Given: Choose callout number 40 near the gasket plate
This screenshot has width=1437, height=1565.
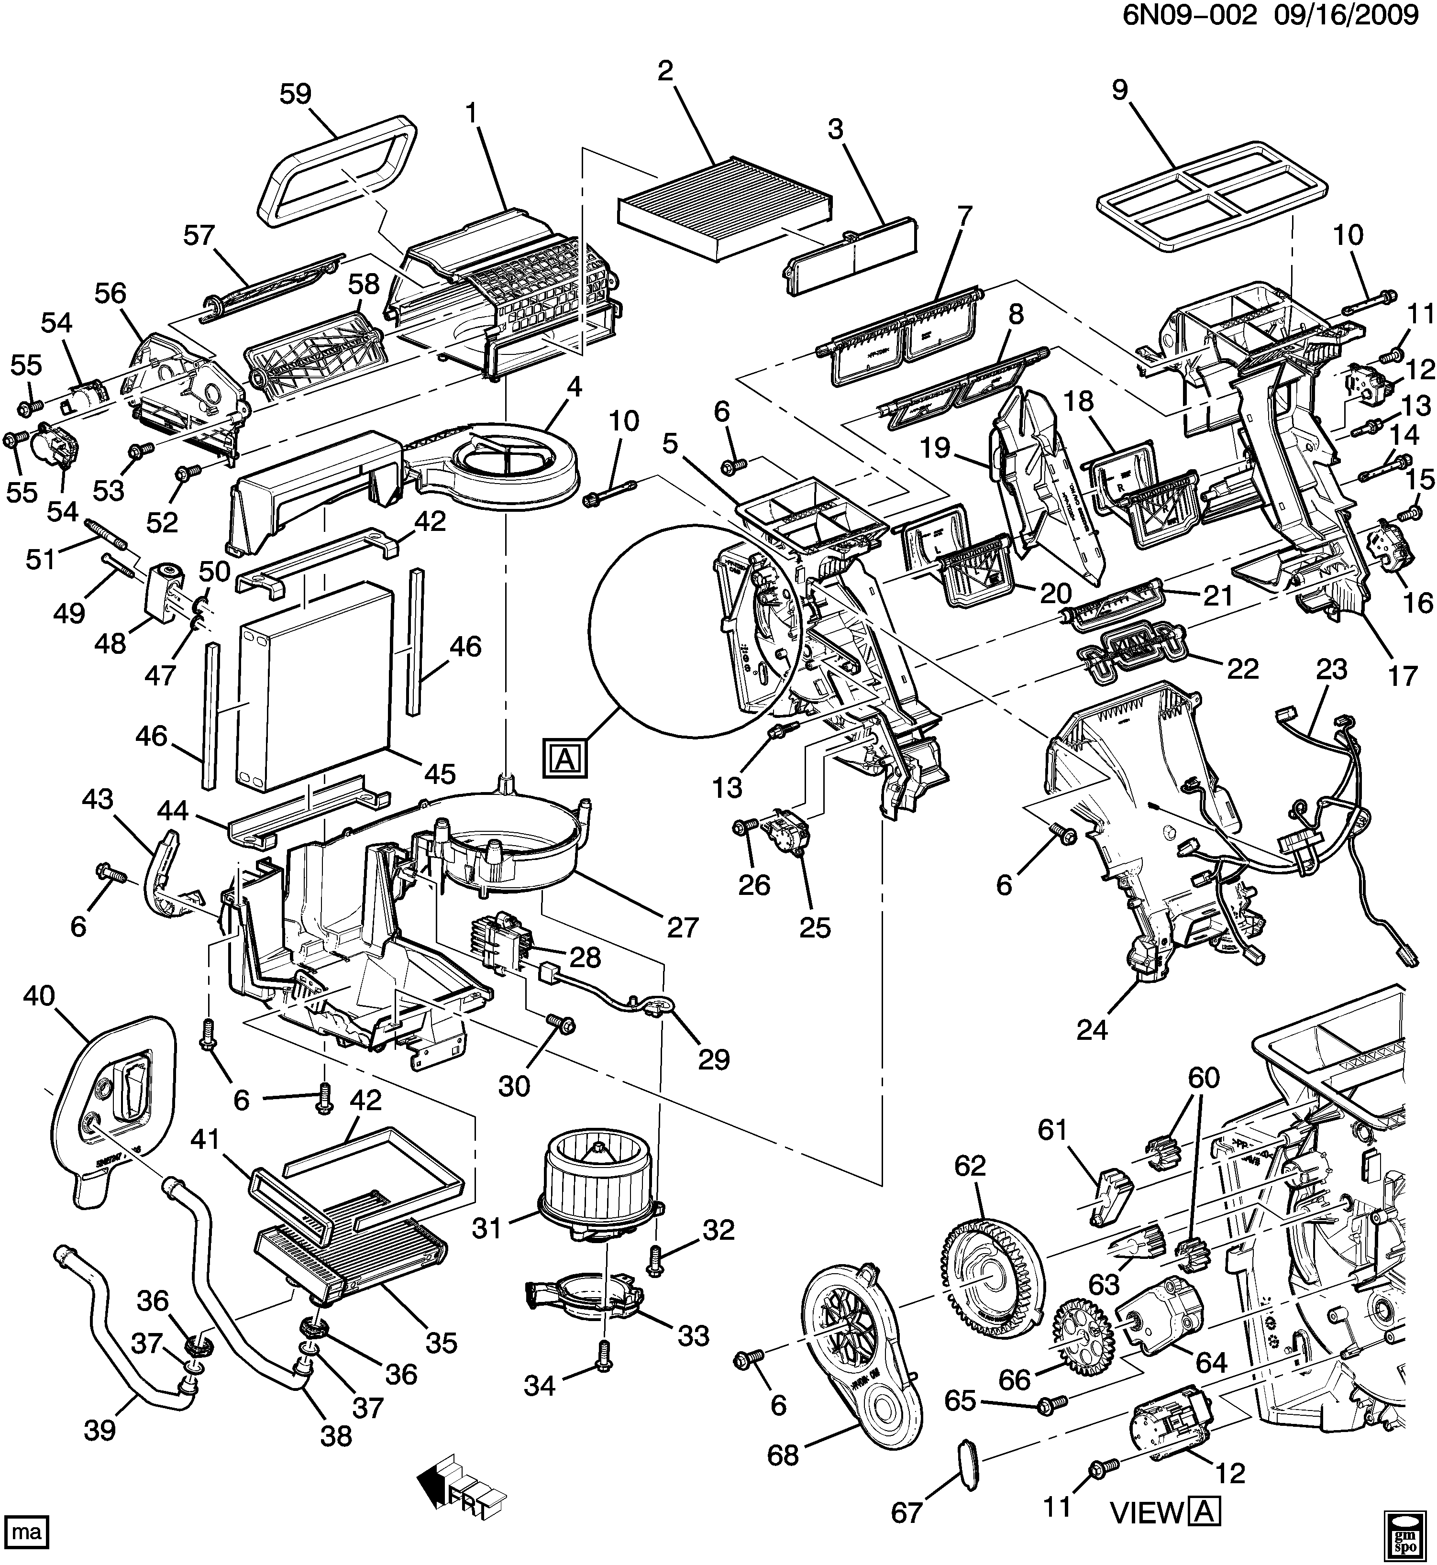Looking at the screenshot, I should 39,997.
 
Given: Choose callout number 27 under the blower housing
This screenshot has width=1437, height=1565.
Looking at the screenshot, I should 683,927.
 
